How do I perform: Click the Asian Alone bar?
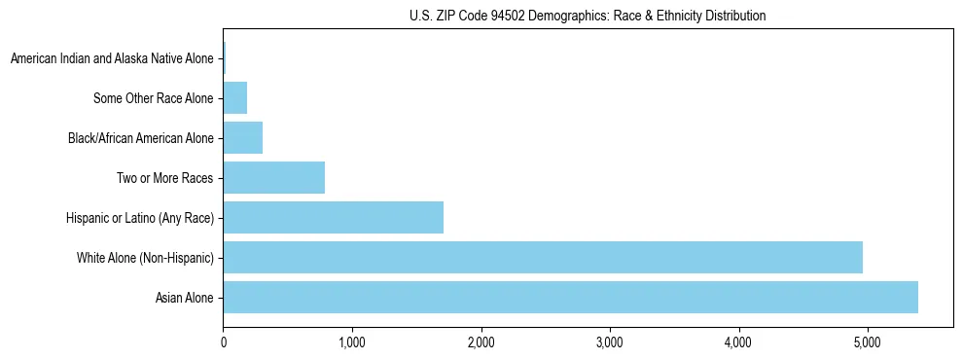570,297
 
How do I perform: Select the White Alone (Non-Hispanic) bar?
543,257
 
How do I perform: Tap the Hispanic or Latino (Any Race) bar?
333,217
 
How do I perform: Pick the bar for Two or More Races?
273,177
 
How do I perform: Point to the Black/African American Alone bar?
242,138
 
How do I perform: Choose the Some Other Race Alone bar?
234,98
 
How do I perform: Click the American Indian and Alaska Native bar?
225,58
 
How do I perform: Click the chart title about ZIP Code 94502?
588,16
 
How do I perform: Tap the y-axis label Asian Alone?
184,298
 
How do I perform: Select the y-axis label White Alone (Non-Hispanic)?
145,258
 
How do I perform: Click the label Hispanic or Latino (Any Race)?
140,218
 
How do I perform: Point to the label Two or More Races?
164,178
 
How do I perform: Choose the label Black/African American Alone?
140,138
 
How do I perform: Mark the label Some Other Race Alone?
153,98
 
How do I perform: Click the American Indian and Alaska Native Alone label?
112,59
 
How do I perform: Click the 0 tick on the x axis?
224,342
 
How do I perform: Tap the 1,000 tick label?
352,342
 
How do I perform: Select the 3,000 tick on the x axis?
610,342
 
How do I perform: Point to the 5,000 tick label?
868,342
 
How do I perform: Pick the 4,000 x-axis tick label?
738,342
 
